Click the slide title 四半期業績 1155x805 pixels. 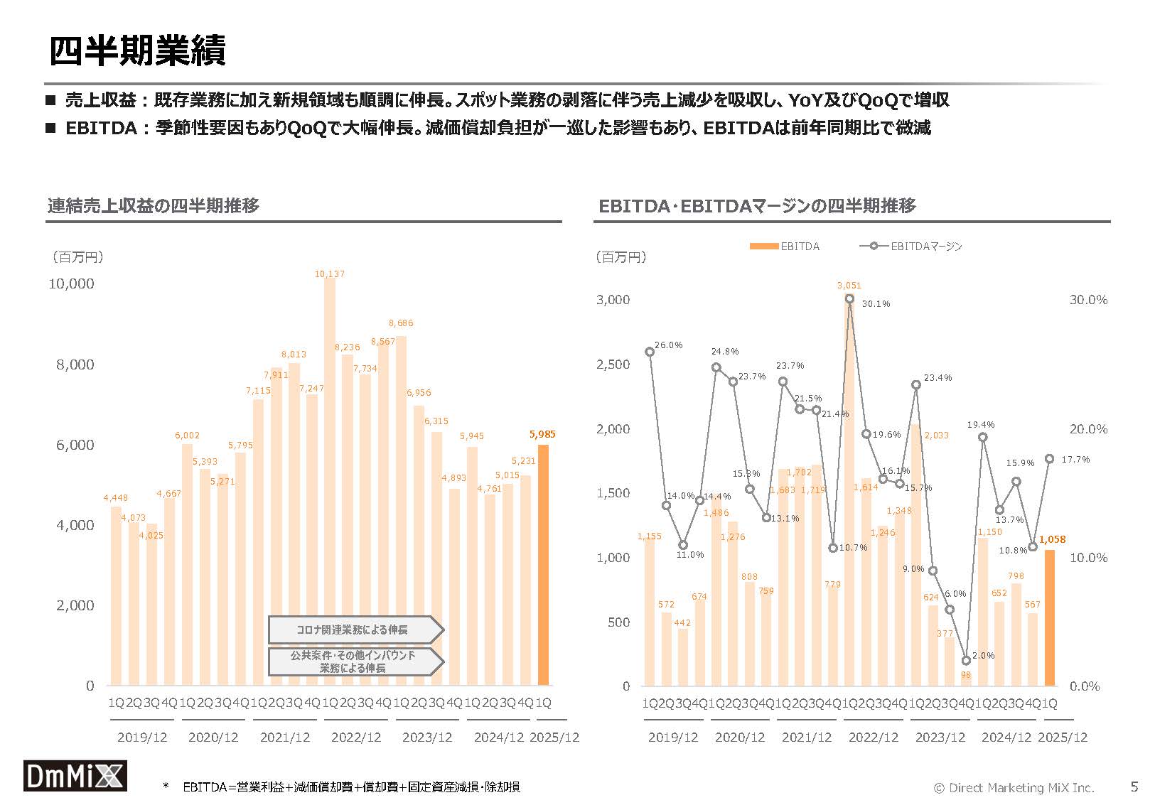pyautogui.click(x=137, y=51)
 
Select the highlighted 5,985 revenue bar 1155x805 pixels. pyautogui.click(x=543, y=565)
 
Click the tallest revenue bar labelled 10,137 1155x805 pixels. pyautogui.click(x=329, y=483)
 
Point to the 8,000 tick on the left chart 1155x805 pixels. pyautogui.click(x=75, y=364)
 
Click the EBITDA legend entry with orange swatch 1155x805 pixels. pyautogui.click(x=785, y=247)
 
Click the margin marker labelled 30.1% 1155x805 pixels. pyautogui.click(x=849, y=299)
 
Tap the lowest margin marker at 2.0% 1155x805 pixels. pyautogui.click(x=966, y=661)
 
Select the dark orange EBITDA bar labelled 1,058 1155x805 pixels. pyautogui.click(x=1049, y=617)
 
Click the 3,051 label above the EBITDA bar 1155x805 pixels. pyautogui.click(x=849, y=286)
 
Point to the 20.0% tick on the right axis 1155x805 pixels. pyautogui.click(x=1088, y=429)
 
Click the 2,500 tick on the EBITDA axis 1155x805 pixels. pyautogui.click(x=612, y=364)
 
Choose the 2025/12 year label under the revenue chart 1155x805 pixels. pyautogui.click(x=554, y=738)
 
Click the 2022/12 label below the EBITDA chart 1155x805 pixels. pyautogui.click(x=874, y=738)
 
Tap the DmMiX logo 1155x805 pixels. pyautogui.click(x=75, y=776)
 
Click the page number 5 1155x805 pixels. pyautogui.click(x=1134, y=787)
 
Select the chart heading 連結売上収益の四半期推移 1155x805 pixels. pyautogui.click(x=154, y=206)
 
